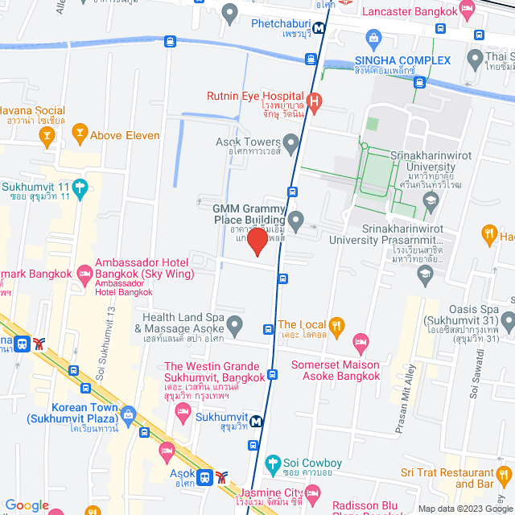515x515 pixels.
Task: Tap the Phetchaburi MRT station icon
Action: point(319,27)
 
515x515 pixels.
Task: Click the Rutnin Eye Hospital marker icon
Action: point(315,101)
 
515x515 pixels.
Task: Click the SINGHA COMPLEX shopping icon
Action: point(373,38)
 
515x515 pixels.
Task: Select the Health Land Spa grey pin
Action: point(234,326)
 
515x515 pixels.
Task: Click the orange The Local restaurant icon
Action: point(336,326)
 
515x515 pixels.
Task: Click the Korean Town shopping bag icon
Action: point(128,414)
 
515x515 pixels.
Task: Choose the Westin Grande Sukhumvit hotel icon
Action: point(182,412)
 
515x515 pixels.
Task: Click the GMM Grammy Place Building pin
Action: point(295,218)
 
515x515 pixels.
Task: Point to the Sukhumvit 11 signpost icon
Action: point(79,190)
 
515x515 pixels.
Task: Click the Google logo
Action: point(27,505)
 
